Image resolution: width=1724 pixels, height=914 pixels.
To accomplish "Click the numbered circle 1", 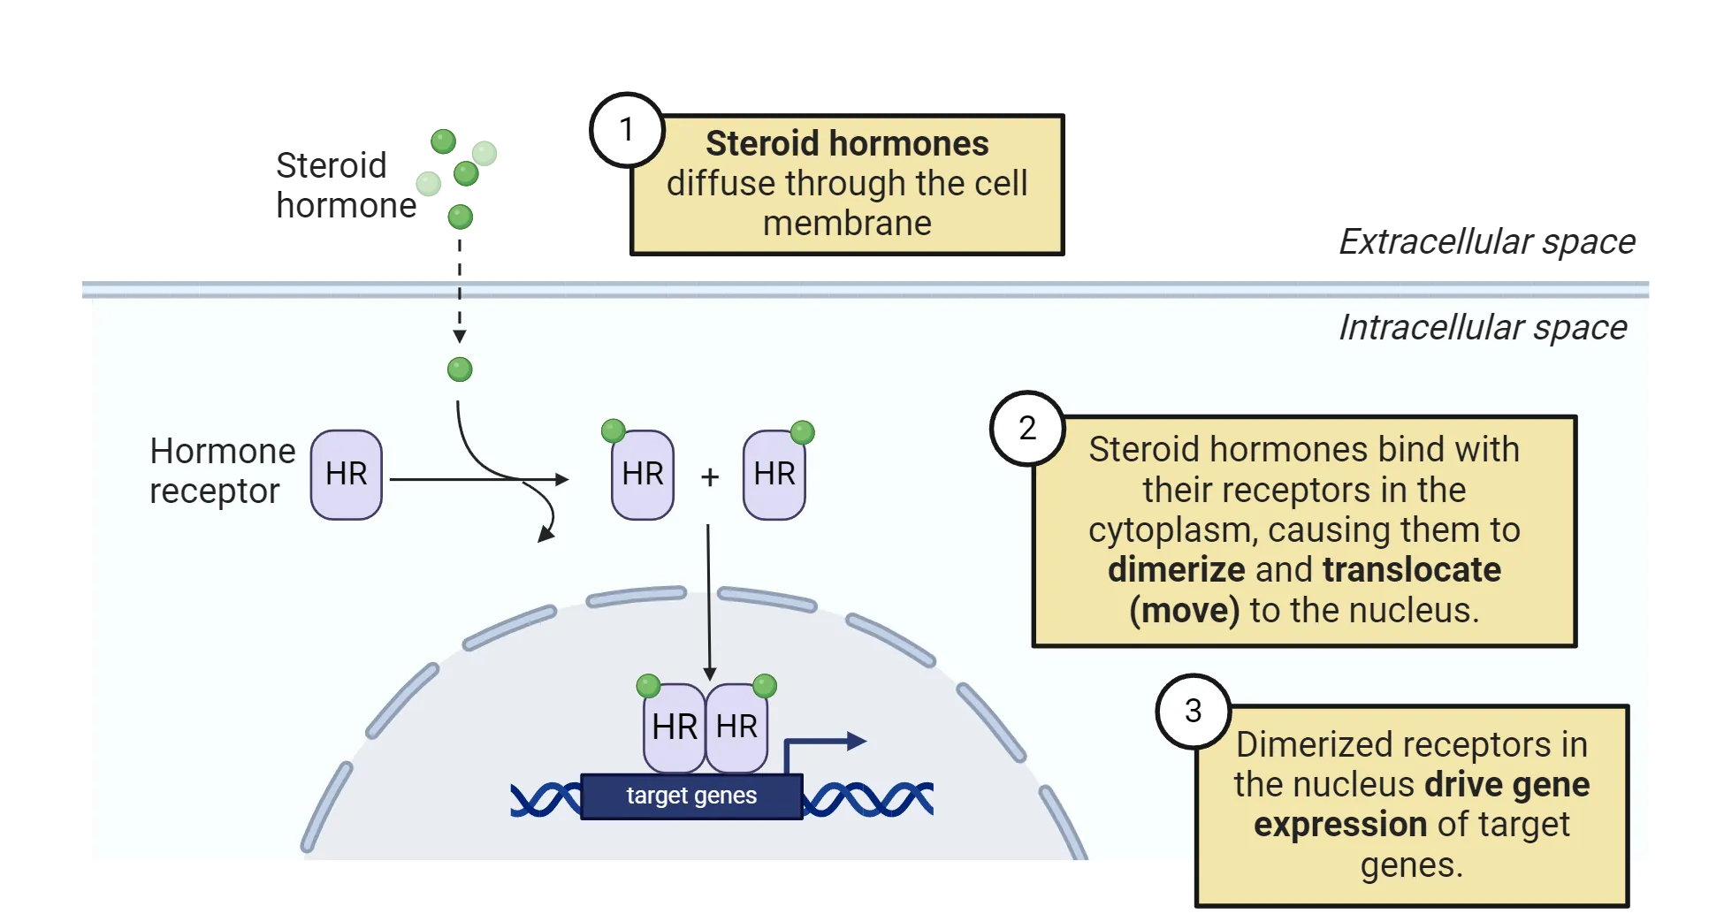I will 627,130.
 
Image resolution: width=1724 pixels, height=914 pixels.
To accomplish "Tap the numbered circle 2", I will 1026,428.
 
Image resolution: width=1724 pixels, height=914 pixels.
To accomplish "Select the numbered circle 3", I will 1193,711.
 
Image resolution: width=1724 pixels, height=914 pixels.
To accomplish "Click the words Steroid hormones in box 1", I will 846,143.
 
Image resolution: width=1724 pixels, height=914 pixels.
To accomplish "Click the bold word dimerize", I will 1176,570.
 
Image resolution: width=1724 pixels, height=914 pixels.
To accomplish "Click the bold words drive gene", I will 1507,784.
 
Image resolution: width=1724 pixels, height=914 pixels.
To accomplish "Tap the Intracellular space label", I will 1482,328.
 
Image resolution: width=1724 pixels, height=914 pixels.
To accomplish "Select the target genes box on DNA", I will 691,796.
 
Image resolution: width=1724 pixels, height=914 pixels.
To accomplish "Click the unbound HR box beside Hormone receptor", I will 347,475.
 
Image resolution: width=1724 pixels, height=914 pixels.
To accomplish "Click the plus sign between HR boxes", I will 709,477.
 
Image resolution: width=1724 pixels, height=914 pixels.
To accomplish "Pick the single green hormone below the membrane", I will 460,369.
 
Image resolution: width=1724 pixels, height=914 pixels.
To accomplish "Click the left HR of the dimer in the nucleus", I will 675,727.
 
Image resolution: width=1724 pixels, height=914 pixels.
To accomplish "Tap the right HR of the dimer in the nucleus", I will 736,727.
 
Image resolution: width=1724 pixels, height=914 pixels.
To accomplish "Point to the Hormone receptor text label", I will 221,470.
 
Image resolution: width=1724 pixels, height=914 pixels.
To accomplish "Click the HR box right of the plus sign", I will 774,475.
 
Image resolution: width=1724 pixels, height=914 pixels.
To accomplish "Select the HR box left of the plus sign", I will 643,475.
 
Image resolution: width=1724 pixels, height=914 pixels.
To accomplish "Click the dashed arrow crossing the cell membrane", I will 459,305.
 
